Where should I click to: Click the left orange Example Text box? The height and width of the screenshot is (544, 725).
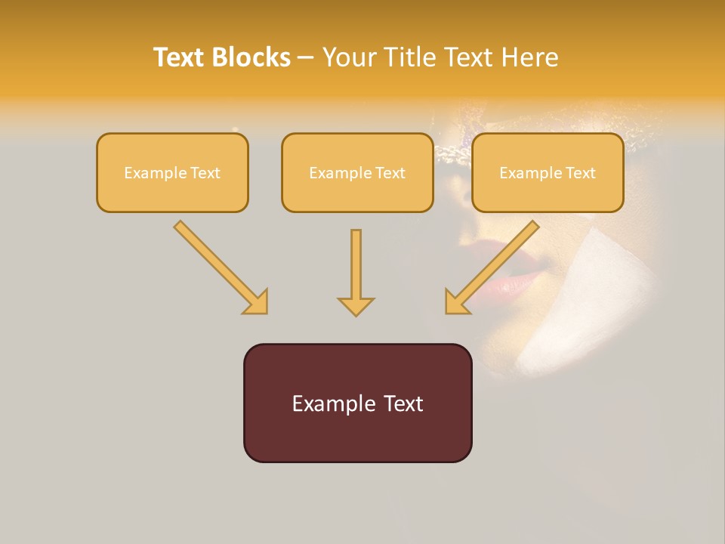coord(172,172)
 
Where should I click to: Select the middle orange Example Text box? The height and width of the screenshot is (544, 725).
coord(357,172)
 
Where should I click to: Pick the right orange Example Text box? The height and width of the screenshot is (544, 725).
coord(548,172)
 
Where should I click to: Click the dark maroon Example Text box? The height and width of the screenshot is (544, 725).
coord(357,403)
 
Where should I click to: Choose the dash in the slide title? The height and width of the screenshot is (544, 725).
coord(306,57)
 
